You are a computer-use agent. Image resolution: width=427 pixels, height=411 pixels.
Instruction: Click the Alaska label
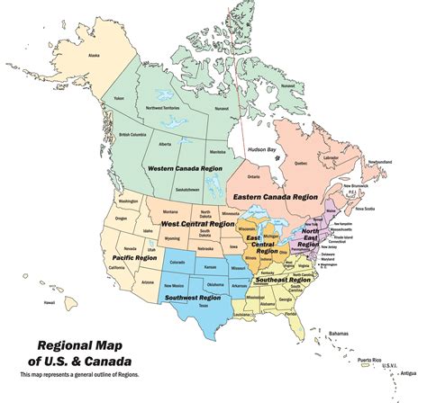point(94,56)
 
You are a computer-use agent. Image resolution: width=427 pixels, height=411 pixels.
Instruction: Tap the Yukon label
point(118,98)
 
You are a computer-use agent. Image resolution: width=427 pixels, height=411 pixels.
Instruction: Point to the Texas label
point(204,307)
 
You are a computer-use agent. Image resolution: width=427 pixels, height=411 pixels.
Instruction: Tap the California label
point(116,268)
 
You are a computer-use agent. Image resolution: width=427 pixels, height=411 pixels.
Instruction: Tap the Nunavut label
point(222,108)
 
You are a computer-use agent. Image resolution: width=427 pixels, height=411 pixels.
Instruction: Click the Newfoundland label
point(379,161)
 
